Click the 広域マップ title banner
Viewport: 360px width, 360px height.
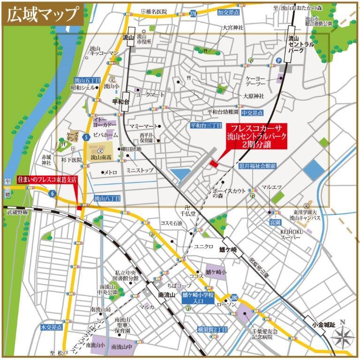pos(42,14)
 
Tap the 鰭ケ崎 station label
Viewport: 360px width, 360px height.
pos(230,249)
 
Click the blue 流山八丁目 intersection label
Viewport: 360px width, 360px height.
pos(107,199)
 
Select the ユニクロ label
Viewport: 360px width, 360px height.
pos(204,247)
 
